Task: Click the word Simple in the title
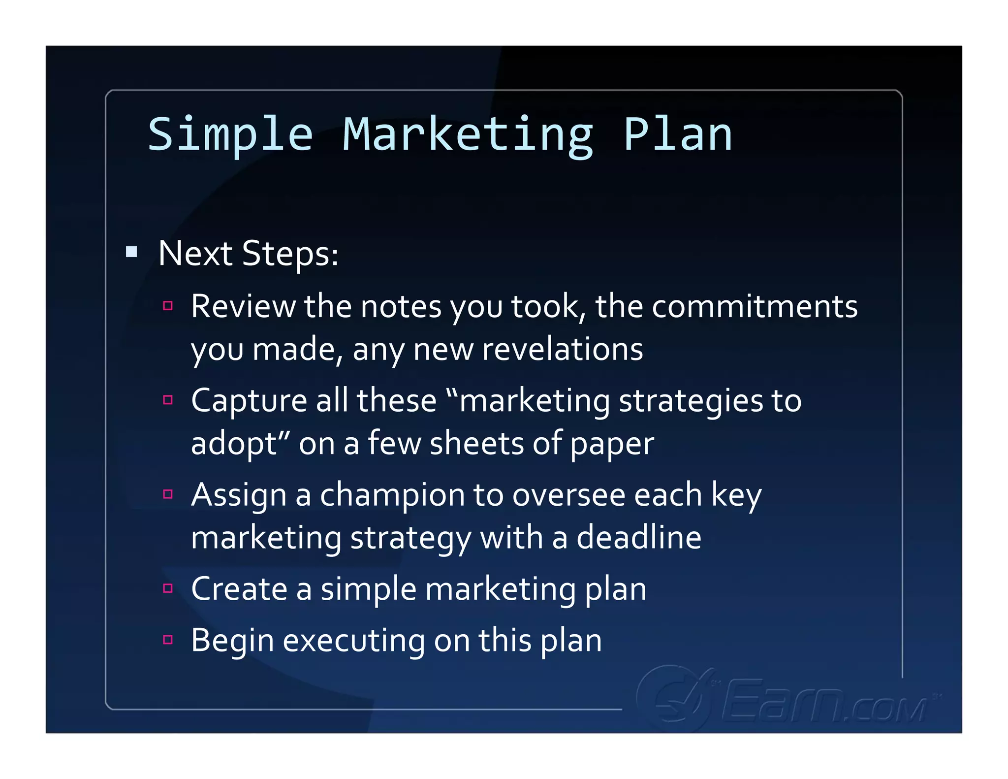point(230,135)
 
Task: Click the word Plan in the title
point(678,135)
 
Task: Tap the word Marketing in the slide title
point(468,135)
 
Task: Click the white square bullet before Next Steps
point(131,252)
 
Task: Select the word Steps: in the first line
point(290,254)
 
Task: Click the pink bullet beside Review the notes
point(168,306)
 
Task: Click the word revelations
point(562,349)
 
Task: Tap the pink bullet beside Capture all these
point(168,400)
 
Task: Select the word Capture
point(249,401)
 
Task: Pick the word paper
point(612,445)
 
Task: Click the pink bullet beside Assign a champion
point(168,494)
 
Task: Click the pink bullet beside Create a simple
point(168,588)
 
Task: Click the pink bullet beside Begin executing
point(168,640)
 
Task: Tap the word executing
point(353,641)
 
